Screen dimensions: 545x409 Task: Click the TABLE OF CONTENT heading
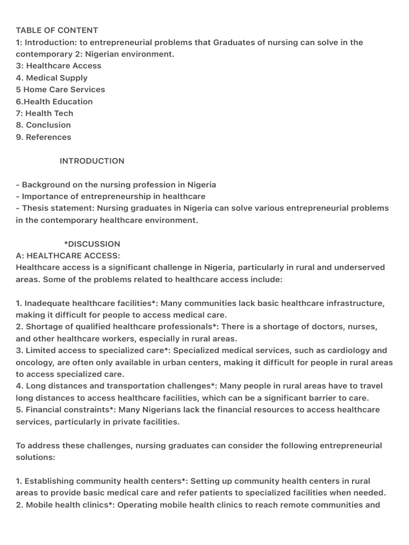click(57, 30)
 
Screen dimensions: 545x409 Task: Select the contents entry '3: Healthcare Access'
click(59, 66)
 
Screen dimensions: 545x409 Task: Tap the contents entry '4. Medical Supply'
click(52, 78)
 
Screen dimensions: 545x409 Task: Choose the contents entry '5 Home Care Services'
click(61, 89)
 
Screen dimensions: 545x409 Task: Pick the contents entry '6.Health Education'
click(54, 102)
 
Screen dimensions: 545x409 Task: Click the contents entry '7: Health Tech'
click(45, 113)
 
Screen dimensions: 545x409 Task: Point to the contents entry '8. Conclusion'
click(43, 125)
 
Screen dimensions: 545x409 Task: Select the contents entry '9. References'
click(43, 137)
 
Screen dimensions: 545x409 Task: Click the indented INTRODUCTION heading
click(92, 161)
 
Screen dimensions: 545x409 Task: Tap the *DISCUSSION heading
click(92, 244)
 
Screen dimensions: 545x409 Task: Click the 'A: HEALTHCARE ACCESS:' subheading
click(68, 255)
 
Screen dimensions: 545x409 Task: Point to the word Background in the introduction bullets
click(45, 185)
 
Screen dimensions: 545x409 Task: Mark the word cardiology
click(349, 350)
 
